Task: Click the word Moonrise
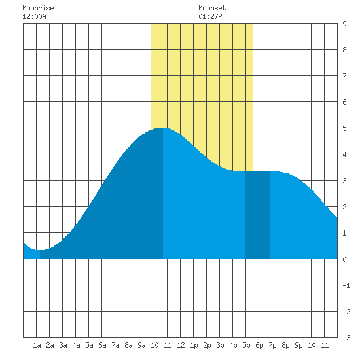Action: (x=38, y=8)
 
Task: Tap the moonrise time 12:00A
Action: (x=34, y=16)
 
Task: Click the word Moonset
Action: (x=212, y=8)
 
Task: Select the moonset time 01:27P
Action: (x=210, y=16)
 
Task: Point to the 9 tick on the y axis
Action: (x=344, y=24)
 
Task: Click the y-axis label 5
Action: (x=344, y=128)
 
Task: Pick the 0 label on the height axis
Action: (x=344, y=259)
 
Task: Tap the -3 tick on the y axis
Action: (x=346, y=338)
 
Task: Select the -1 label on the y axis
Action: (x=346, y=285)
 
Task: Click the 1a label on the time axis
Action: (x=37, y=345)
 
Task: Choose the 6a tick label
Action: (x=102, y=345)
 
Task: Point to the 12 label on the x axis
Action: (x=181, y=345)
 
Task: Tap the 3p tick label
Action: (x=220, y=345)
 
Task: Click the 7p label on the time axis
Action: (x=272, y=345)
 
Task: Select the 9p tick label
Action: (x=298, y=345)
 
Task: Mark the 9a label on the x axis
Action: (x=141, y=345)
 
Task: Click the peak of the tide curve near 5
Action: (x=163, y=128)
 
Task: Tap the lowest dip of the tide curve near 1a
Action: (x=40, y=250)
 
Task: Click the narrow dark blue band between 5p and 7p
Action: (x=258, y=215)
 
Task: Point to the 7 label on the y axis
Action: (x=344, y=76)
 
